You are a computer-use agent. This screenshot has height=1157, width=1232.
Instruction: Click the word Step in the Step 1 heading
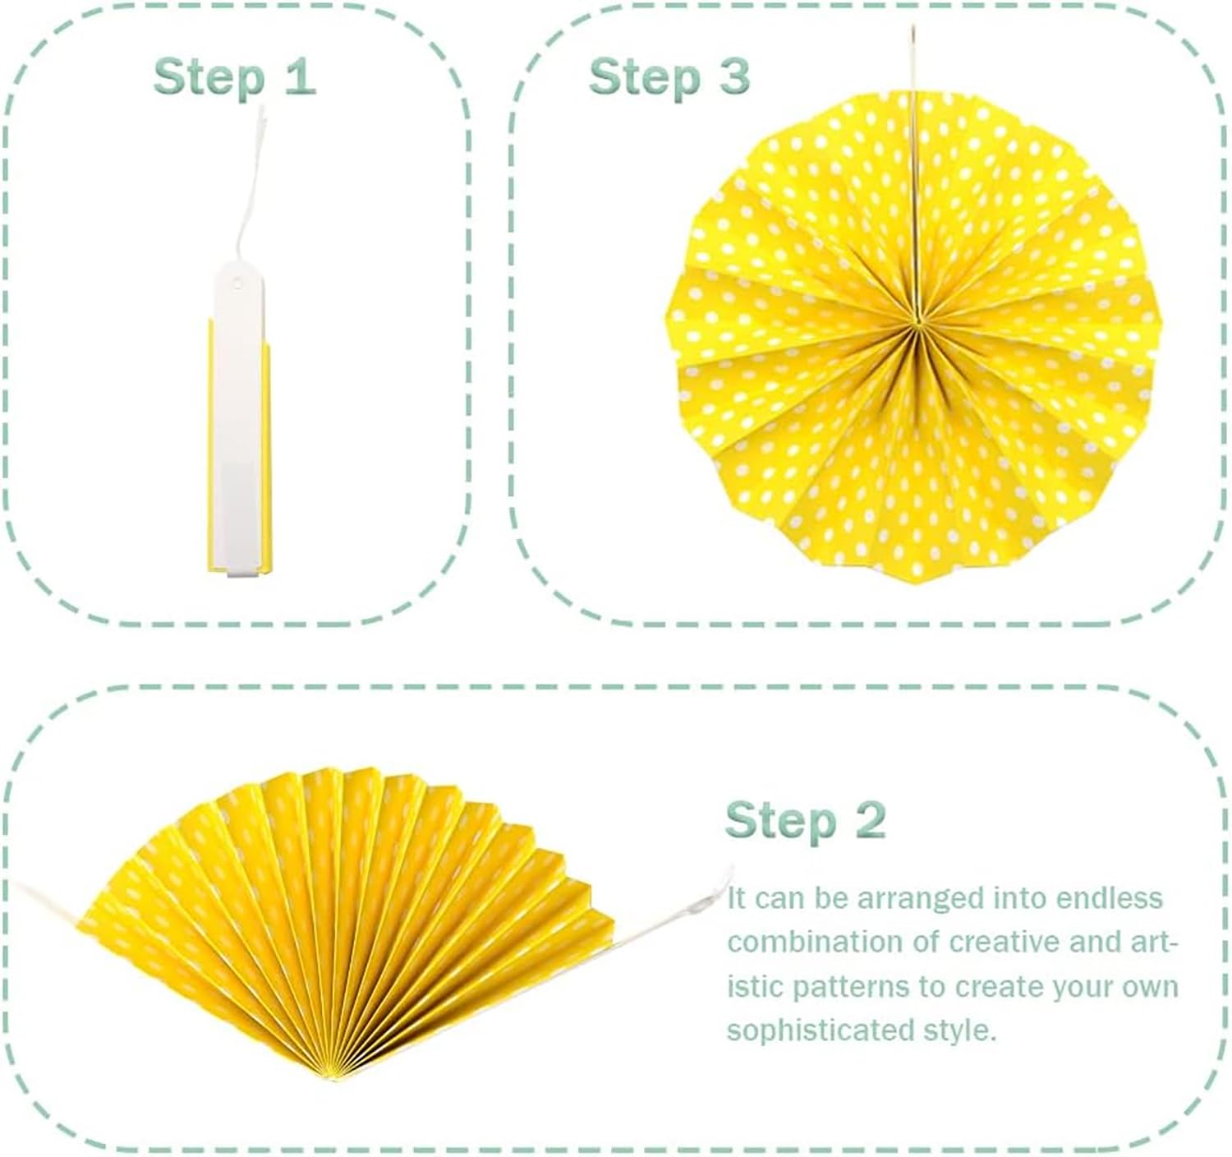(x=209, y=78)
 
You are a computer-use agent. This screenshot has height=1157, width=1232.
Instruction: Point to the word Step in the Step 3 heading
(x=644, y=78)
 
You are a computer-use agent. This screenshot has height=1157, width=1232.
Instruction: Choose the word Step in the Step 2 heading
(x=780, y=823)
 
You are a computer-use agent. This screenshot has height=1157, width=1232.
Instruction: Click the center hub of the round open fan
(x=917, y=321)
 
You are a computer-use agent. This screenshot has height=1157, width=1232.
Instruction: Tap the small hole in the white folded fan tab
(x=237, y=284)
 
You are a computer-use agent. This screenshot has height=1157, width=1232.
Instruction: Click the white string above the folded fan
(x=249, y=187)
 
